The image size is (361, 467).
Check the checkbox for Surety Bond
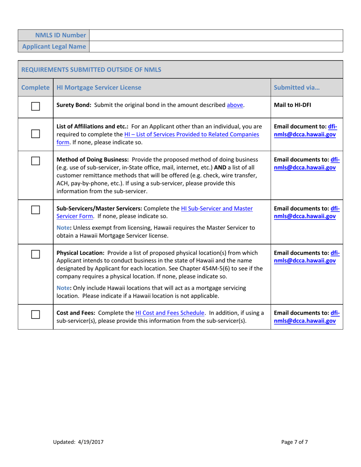(x=35, y=106)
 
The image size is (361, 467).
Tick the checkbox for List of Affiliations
(x=35, y=134)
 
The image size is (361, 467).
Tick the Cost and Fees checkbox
(x=35, y=314)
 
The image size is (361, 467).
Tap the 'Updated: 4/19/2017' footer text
(x=78, y=442)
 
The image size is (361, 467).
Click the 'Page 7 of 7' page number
(x=294, y=442)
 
